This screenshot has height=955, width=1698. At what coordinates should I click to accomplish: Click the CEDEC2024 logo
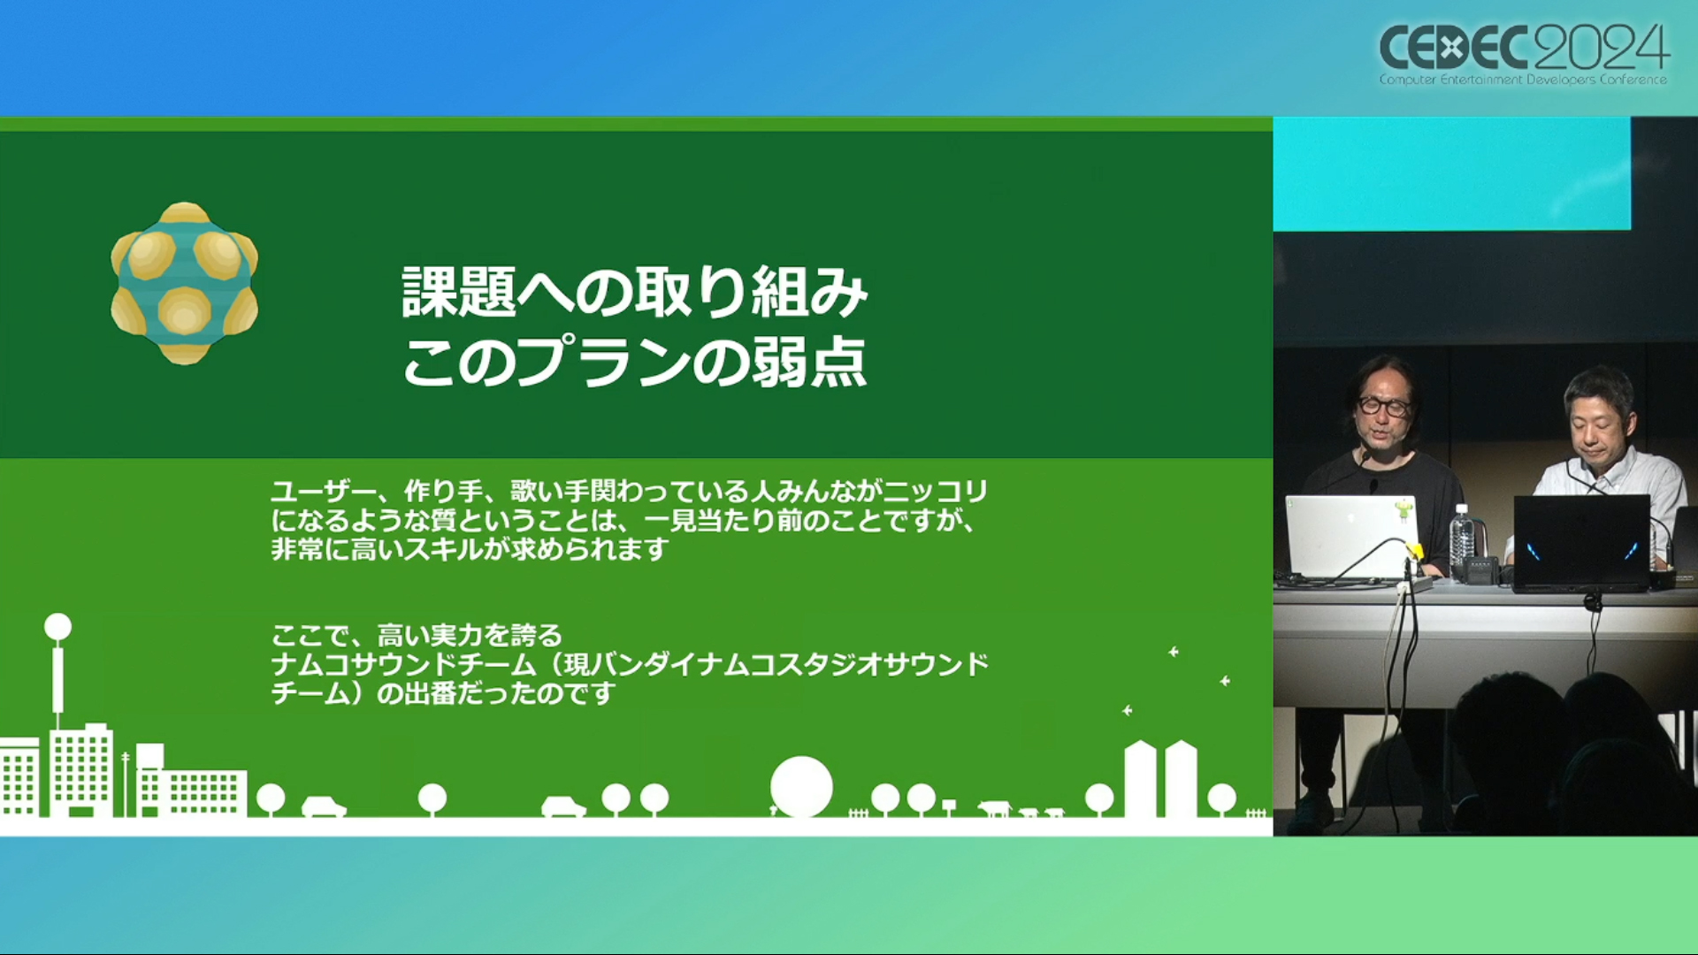1524,54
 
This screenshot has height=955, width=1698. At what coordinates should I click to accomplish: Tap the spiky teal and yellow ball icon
184,283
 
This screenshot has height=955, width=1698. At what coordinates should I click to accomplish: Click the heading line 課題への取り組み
635,293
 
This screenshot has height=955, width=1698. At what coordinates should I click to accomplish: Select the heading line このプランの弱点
635,362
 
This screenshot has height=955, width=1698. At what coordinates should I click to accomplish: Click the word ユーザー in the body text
325,491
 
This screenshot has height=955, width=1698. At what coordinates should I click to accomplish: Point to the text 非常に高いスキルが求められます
470,549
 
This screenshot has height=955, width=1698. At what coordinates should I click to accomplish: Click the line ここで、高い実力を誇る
417,635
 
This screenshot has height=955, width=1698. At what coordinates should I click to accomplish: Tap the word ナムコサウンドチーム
403,664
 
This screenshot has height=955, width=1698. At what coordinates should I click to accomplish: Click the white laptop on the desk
1351,537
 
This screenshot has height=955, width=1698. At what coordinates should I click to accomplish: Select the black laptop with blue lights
1581,542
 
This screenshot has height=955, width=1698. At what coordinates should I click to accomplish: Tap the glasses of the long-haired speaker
1384,406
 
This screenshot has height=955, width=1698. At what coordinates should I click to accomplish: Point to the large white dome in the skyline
801,786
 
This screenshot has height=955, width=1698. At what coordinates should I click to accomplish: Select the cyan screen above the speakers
1452,173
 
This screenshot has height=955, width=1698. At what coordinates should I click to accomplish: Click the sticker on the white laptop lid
1402,510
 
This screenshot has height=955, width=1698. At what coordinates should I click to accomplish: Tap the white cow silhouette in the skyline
994,807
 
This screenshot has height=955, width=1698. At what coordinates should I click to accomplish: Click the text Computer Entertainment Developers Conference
1523,80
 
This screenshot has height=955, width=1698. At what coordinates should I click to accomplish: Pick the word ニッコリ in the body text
937,491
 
